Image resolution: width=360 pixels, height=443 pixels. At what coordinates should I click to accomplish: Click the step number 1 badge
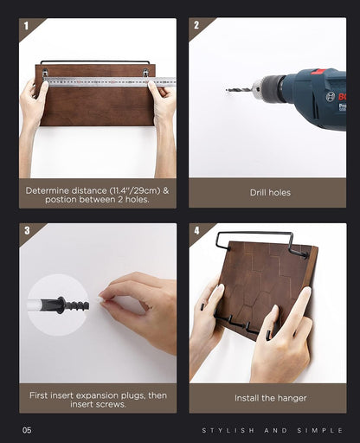point(26,26)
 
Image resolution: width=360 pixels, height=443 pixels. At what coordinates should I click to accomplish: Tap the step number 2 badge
point(196,25)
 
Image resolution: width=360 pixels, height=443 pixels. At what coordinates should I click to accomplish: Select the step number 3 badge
point(27,230)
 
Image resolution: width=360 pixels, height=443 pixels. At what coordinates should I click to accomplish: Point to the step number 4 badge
point(196,230)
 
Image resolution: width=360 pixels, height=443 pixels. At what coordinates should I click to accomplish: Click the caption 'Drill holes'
point(270,193)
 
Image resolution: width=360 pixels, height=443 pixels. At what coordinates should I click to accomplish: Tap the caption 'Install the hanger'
point(270,398)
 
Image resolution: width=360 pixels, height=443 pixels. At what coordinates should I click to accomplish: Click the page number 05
point(27,430)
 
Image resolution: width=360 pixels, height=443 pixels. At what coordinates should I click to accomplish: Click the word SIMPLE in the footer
point(320,431)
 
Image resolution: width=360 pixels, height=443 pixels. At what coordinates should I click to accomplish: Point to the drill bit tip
point(227,90)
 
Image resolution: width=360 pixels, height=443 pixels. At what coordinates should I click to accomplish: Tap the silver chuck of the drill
point(257,87)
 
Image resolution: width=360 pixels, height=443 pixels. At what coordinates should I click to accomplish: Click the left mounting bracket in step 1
point(45,73)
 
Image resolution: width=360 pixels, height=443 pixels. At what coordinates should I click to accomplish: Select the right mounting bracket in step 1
point(146,73)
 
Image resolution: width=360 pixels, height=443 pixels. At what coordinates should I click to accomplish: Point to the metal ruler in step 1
point(110,82)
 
